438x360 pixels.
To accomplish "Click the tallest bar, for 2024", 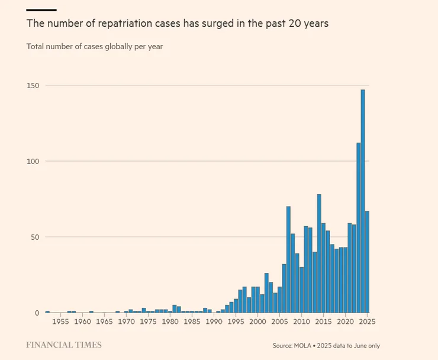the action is tap(363, 201).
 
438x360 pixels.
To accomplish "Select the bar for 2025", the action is tap(367, 262).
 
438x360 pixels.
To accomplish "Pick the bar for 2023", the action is tap(358, 227).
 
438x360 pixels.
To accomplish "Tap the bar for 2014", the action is tap(319, 253).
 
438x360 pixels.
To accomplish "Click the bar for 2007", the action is tap(288, 259).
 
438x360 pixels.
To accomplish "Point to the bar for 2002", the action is tap(266, 292).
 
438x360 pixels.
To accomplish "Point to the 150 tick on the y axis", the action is tap(33, 85).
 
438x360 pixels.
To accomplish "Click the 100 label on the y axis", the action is tap(33, 162).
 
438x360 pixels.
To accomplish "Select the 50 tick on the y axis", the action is tap(35, 237).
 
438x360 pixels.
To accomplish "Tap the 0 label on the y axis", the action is tap(37, 313).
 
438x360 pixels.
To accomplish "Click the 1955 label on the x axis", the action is tap(60, 322).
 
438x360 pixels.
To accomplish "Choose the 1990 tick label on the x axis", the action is tap(214, 322).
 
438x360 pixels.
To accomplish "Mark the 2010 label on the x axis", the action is tap(301, 322).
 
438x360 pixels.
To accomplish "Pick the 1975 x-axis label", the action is tap(148, 322).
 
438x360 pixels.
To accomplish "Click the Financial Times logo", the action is tap(64, 345).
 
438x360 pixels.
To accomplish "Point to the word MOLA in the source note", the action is tap(302, 346).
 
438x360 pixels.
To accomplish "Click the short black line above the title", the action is tap(41, 10).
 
